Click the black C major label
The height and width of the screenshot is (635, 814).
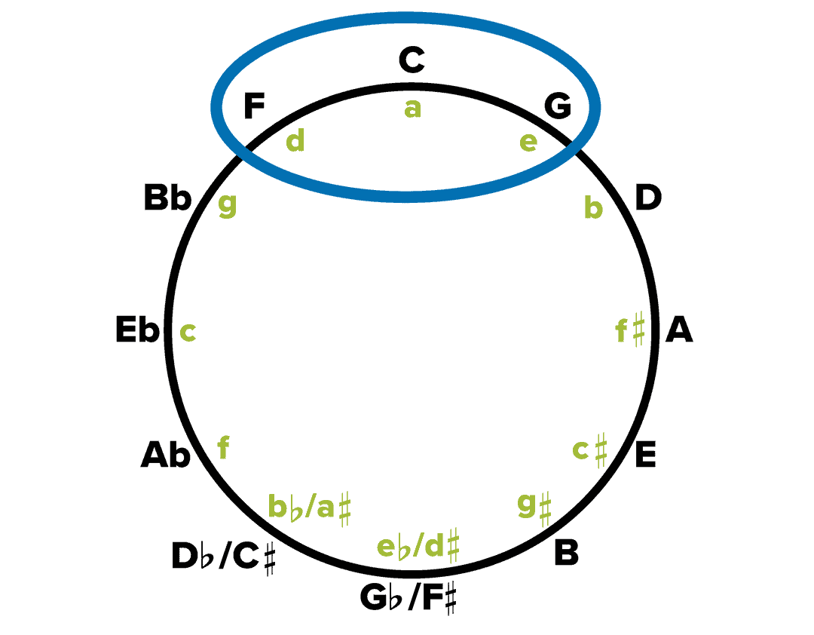[412, 60]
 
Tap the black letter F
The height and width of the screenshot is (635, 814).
[255, 107]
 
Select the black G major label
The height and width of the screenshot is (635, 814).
[558, 107]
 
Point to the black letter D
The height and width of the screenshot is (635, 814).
[648, 198]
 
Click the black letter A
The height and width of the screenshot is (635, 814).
[679, 331]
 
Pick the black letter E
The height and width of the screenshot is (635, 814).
[645, 456]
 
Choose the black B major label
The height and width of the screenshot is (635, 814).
[566, 553]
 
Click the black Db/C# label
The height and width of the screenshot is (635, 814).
[224, 559]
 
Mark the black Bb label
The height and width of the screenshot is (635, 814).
[167, 200]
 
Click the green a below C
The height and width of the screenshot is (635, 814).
[412, 109]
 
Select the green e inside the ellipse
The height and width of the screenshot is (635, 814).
[528, 141]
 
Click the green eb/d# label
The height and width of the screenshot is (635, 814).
[418, 545]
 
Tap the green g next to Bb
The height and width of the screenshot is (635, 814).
[227, 205]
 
